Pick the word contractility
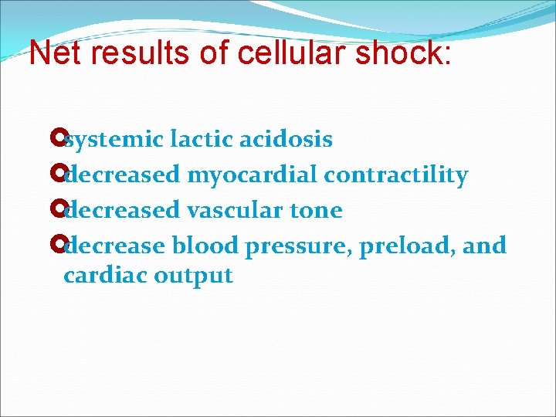(x=396, y=175)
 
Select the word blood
(x=205, y=246)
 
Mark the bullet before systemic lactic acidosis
(x=54, y=140)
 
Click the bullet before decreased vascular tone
(x=54, y=210)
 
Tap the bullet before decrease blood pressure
(x=54, y=246)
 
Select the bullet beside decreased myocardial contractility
(x=54, y=175)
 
